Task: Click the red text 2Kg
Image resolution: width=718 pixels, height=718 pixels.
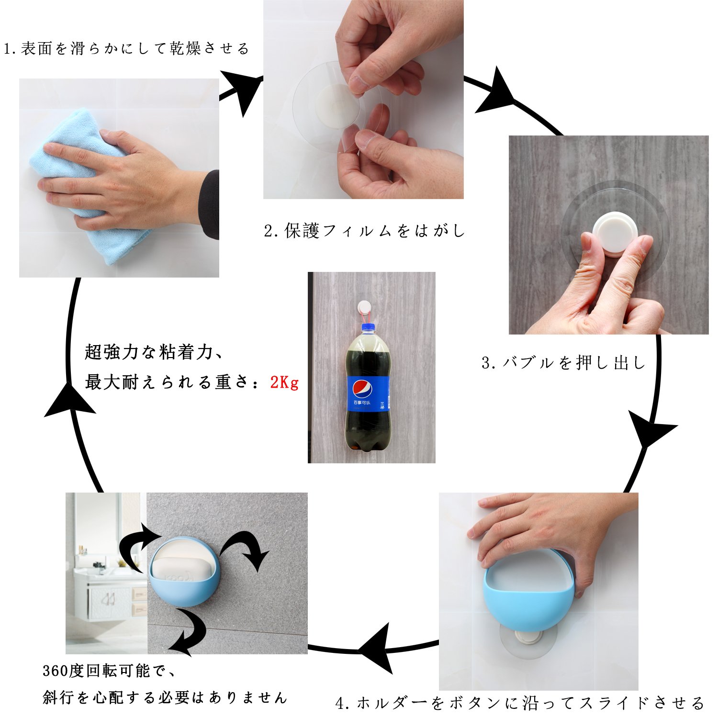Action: pyautogui.click(x=284, y=382)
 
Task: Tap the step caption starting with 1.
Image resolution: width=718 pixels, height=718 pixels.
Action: pyautogui.click(x=126, y=48)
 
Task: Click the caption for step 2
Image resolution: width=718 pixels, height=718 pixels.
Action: pyautogui.click(x=365, y=231)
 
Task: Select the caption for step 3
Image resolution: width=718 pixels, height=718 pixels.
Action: pyautogui.click(x=564, y=362)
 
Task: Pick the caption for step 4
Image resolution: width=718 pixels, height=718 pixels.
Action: pyautogui.click(x=520, y=703)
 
